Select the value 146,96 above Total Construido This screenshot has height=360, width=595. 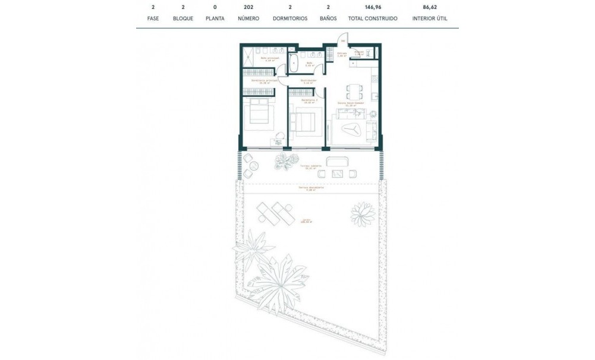(373, 8)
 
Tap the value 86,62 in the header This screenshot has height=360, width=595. (430, 8)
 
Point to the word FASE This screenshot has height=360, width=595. (153, 18)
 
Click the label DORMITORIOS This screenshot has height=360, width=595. (290, 18)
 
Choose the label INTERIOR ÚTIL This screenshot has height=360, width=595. (430, 18)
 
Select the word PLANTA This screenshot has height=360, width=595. (215, 18)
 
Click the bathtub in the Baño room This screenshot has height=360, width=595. (294, 64)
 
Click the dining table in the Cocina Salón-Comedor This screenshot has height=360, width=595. (354, 92)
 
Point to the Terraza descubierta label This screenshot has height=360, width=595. (311, 188)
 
